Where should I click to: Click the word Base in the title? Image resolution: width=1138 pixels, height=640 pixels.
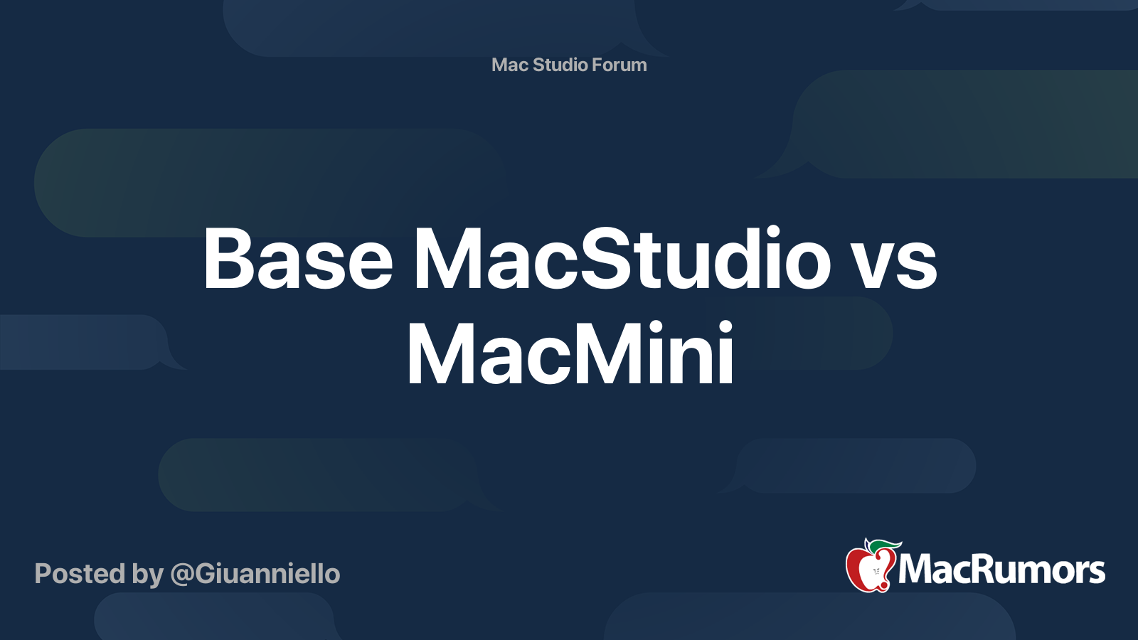[x=297, y=260]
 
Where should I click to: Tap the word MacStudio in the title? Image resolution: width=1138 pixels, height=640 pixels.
[x=622, y=260]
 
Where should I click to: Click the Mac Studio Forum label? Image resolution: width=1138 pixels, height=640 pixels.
[x=569, y=65]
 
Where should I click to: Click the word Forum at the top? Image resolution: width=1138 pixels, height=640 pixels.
[x=619, y=65]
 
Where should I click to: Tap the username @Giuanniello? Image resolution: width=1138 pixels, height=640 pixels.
[x=255, y=574]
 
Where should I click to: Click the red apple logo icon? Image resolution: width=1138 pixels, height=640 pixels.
[x=869, y=567]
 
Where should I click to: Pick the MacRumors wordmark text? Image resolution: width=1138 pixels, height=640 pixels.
[x=1001, y=570]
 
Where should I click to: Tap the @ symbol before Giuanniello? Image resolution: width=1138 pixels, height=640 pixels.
[x=181, y=575]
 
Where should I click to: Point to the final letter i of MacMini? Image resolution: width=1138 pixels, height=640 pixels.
[x=725, y=354]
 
